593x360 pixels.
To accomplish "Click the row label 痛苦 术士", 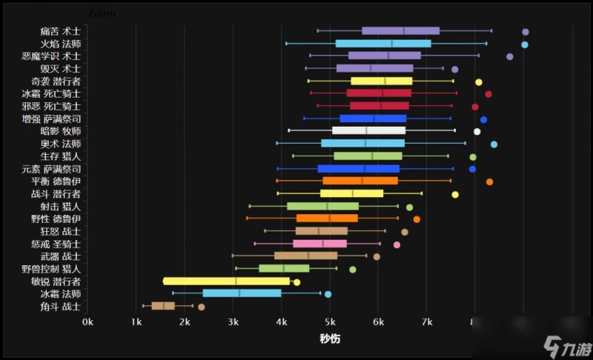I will point(61,31).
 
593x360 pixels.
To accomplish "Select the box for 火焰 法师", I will point(383,44).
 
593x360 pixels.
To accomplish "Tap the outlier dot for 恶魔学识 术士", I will point(510,56).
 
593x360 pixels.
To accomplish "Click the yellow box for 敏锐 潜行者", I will point(227,281).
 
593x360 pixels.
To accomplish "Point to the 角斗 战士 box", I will point(163,306).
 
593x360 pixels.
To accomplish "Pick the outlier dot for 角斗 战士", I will point(201,307).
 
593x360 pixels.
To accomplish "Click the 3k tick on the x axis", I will point(233,321).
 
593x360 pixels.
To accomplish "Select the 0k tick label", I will point(88,321).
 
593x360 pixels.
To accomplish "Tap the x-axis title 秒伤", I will point(330,338).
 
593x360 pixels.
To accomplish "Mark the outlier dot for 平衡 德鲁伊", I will point(489,181).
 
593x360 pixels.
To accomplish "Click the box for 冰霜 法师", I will point(242,293).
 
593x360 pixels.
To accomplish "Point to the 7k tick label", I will point(427,321).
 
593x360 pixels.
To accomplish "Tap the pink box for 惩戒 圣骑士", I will point(319,244).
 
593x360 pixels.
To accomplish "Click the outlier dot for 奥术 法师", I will point(494,144).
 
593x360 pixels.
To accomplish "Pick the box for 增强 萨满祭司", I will point(373,119).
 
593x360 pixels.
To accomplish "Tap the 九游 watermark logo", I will point(566,345).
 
